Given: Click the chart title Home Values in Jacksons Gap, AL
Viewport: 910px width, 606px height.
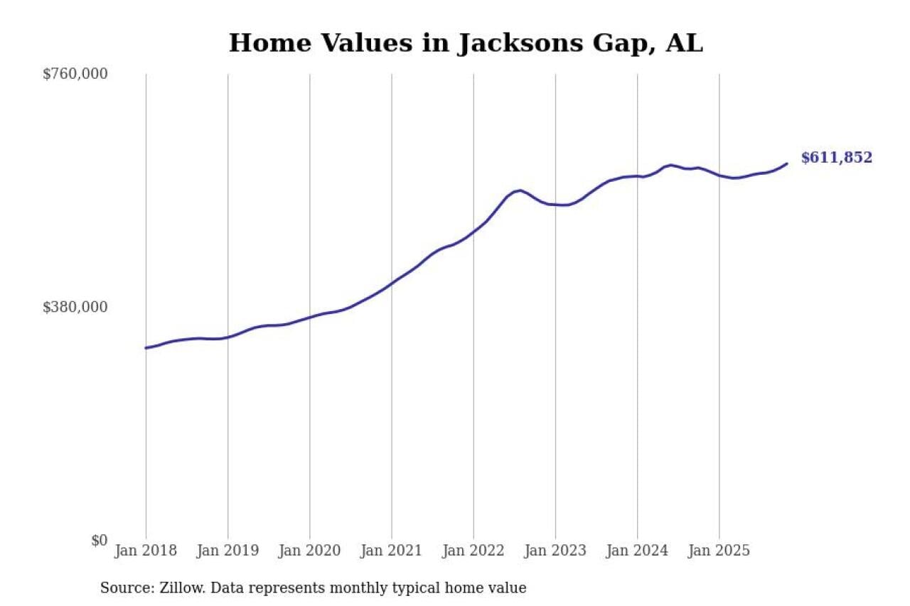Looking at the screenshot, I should coord(466,43).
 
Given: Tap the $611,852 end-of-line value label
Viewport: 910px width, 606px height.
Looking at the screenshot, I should coord(836,158).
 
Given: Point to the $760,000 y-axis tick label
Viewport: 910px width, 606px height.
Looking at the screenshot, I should coord(75,74).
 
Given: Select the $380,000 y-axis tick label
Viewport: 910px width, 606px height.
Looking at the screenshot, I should coord(75,307).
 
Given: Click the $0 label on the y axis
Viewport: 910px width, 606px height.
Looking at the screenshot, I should coord(100,540).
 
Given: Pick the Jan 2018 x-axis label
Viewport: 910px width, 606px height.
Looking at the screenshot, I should coord(146,551).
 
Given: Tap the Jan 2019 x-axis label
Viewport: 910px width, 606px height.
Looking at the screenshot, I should coord(227,551).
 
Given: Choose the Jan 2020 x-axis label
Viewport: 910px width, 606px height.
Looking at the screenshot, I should coord(309,551).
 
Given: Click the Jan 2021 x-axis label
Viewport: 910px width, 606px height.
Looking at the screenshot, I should coord(391,551).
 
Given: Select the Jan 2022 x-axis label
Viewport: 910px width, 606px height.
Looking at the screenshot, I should coord(473,551).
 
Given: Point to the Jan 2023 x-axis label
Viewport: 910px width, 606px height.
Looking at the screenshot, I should coord(555,551).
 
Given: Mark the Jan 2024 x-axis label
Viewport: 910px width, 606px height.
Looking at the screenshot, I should coord(637,551).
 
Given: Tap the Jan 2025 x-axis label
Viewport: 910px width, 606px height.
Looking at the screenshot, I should coord(719,551).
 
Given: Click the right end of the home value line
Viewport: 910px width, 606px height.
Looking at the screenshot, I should coord(787,163).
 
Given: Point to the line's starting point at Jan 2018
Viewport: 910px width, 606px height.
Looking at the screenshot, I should coord(146,348).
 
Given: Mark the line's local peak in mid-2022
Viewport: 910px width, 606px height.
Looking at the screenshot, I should coord(520,190).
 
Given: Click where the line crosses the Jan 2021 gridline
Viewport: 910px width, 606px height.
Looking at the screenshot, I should coord(391,283).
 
